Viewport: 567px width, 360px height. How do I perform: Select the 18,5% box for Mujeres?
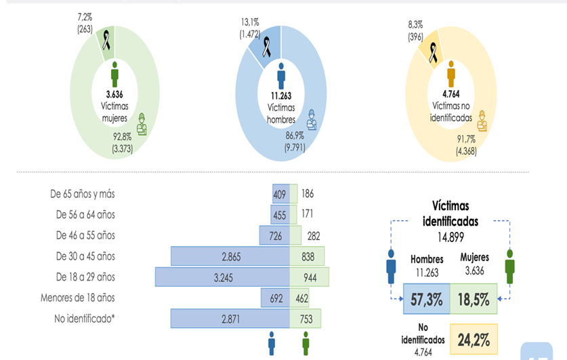474,300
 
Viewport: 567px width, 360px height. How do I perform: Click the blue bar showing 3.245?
222,277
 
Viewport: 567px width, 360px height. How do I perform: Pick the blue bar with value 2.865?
230,256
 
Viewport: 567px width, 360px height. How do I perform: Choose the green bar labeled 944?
310,277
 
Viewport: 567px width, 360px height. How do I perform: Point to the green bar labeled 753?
306,319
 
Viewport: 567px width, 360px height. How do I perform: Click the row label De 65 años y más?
82,194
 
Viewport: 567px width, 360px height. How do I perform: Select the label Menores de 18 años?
77,298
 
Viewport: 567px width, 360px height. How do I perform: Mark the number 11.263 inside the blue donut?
280,95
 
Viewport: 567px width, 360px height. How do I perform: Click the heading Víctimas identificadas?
451,213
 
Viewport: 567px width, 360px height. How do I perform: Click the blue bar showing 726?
274,235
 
